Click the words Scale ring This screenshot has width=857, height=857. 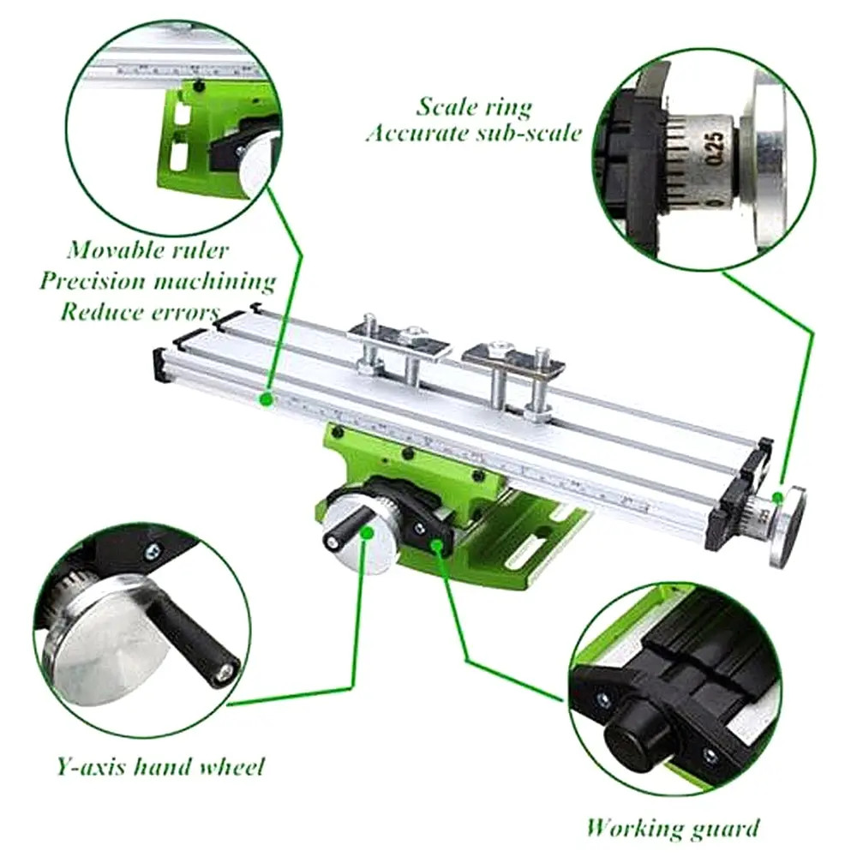coord(474,106)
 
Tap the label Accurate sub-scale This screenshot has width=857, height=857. coord(474,134)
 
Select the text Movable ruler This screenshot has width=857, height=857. coord(148,250)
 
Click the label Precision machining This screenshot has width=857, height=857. coord(157,281)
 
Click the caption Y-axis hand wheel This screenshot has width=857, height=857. coord(160,765)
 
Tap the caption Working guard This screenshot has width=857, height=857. coord(673,827)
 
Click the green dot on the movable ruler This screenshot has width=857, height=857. coord(267,398)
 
